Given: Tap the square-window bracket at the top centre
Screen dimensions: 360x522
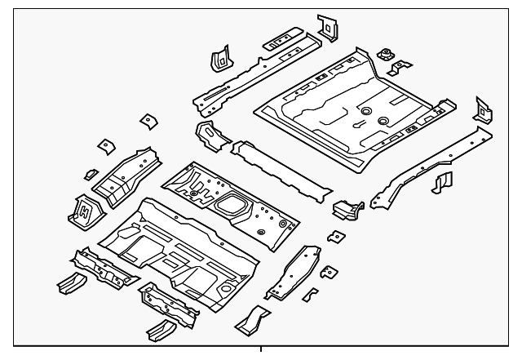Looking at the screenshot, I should pos(327,26).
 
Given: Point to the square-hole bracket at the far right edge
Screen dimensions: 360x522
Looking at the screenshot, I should pos(483,109).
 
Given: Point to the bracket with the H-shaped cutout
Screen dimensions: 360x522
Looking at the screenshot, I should pos(85,210).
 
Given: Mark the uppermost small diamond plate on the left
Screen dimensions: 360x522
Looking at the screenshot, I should pos(148,120).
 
